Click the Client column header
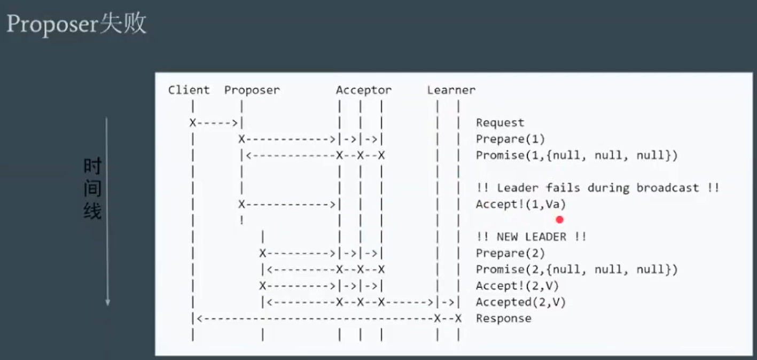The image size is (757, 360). tap(189, 90)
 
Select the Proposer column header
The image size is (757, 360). tap(252, 90)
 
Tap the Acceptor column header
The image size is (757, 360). tap(363, 90)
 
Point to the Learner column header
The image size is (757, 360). tap(451, 90)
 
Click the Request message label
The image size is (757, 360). tap(500, 123)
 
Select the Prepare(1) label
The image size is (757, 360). tap(510, 139)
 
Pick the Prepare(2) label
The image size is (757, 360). tap(510, 253)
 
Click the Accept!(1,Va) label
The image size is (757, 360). tap(520, 204)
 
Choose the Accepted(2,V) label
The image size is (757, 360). tap(520, 302)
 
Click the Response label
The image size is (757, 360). tap(503, 319)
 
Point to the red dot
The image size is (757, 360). tap(559, 220)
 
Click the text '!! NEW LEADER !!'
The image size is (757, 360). tap(531, 237)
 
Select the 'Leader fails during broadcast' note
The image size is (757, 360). tap(597, 188)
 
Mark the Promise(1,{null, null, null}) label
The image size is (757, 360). tap(576, 156)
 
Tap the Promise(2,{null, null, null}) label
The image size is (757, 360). tap(576, 270)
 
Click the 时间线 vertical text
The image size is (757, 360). tap(92, 189)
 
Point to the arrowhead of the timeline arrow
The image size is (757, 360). tap(107, 302)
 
